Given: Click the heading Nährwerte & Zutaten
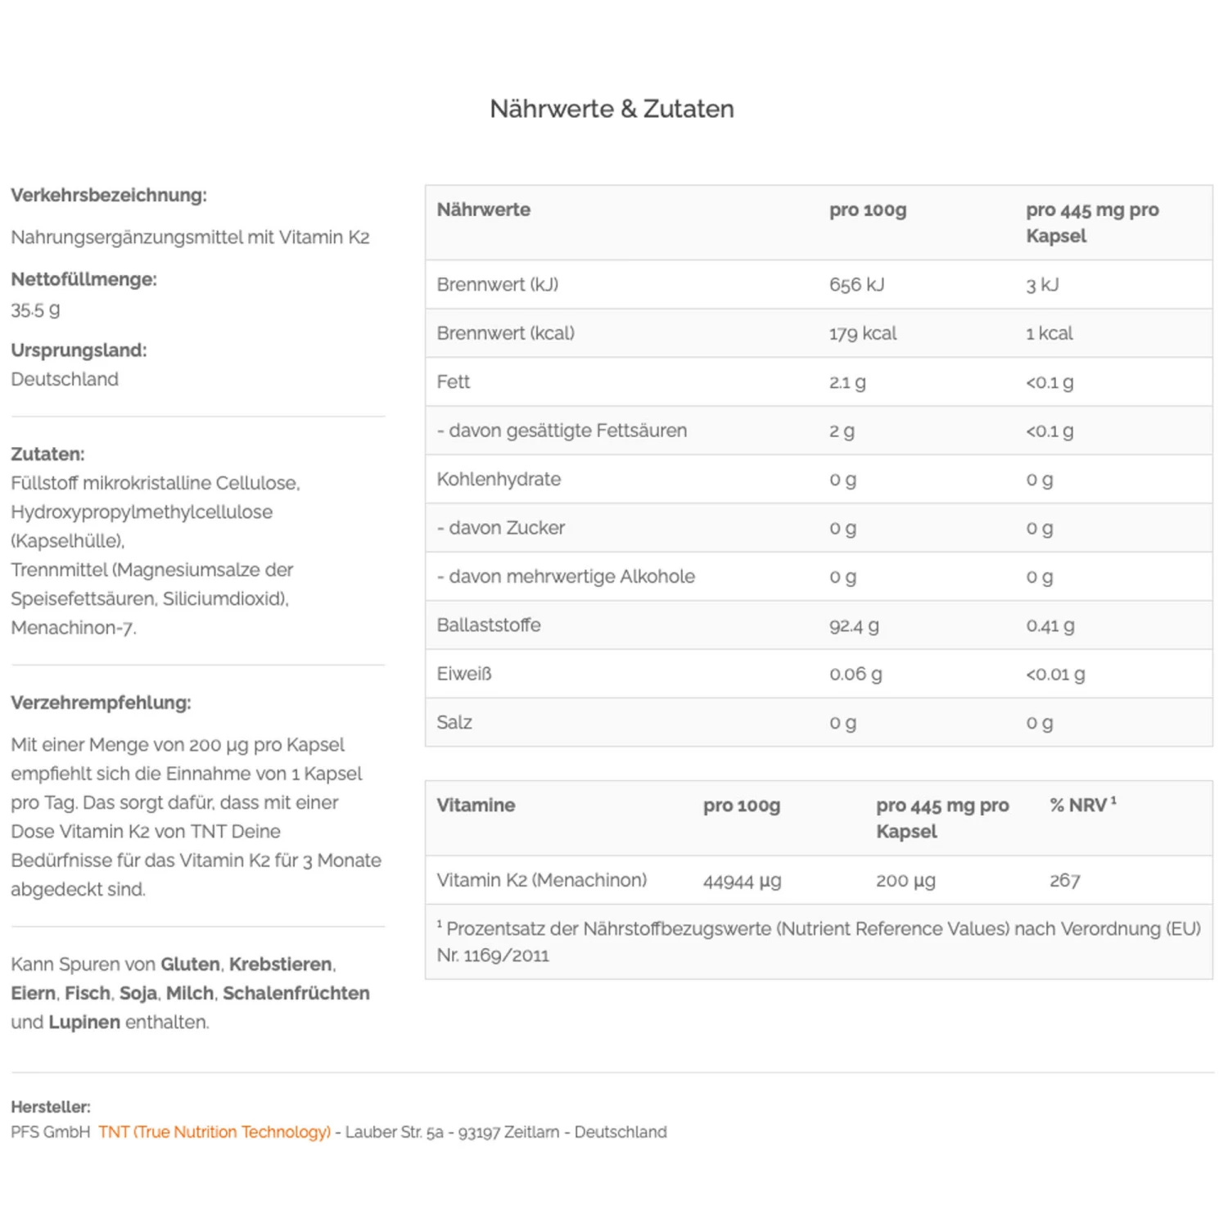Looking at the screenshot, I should coord(612,109).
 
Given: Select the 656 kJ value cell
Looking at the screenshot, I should coord(856,285).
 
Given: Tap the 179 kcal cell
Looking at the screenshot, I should coord(862,333).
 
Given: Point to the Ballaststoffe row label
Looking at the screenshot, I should coord(489,625).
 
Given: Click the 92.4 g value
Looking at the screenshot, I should coord(854,625).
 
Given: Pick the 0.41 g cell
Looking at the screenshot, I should coord(1050,625).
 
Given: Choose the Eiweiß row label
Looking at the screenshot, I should coord(464,674).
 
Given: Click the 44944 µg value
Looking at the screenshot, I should coord(742,881).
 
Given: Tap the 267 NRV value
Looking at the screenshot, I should coord(1064,881).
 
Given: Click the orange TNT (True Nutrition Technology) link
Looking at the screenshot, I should coord(214,1132).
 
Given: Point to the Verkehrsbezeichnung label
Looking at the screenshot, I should coord(109,196).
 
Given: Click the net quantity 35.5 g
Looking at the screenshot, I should coord(35,310).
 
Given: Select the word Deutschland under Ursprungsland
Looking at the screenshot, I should coord(65,380).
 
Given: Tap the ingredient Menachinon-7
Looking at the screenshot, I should coord(74,628).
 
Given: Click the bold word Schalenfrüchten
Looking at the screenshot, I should coord(296,993).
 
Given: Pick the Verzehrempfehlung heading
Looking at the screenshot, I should coord(101,702).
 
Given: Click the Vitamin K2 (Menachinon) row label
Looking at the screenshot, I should coord(541,881).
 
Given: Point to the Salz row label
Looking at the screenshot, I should coord(454,722).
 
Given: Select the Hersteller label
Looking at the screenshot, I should coord(51,1107).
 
